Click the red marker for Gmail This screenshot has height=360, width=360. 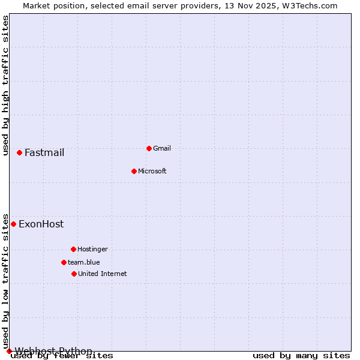pyautogui.click(x=149, y=148)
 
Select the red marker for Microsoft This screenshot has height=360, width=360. pyautogui.click(x=134, y=171)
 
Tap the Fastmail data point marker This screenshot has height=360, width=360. pyautogui.click(x=19, y=152)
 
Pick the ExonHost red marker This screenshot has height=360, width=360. pyautogui.click(x=13, y=224)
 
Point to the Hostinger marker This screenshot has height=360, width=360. pyautogui.click(x=73, y=249)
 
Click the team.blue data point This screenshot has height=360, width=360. pyautogui.click(x=64, y=262)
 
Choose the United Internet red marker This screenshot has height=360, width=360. pyautogui.click(x=74, y=274)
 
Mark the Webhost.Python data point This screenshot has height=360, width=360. pyautogui.click(x=9, y=351)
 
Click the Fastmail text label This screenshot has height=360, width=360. pyautogui.click(x=44, y=152)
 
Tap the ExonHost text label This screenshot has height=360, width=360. pyautogui.click(x=41, y=224)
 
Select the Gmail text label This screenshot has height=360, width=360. pyautogui.click(x=162, y=148)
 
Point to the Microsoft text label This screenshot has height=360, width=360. pyautogui.click(x=152, y=171)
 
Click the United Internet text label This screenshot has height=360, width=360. pyautogui.click(x=103, y=274)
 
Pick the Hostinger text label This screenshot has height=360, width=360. pyautogui.click(x=92, y=249)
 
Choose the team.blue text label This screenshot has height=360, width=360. pyautogui.click(x=84, y=262)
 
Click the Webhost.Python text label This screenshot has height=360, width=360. pyautogui.click(x=53, y=351)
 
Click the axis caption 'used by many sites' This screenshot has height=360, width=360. pyautogui.click(x=301, y=356)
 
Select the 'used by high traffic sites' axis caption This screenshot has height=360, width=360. pyautogui.click(x=6, y=86)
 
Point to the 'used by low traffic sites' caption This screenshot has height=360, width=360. pyautogui.click(x=6, y=281)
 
